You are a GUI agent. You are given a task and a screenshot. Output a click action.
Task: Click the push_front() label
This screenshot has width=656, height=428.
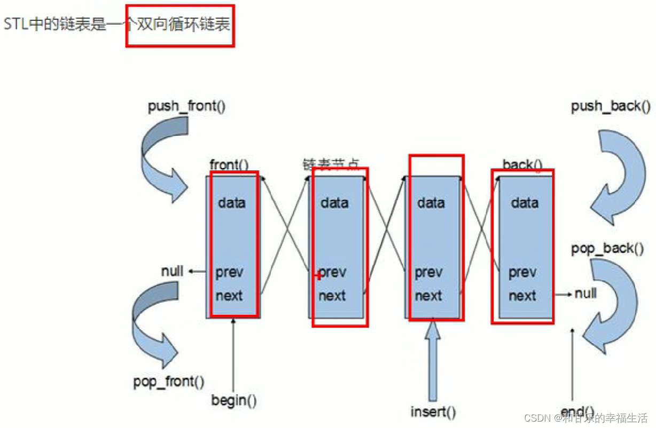(x=186, y=106)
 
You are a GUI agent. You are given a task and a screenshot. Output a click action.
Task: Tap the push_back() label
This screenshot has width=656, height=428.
(x=611, y=107)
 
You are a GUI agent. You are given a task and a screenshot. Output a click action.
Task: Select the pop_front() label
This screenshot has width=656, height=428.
(x=168, y=382)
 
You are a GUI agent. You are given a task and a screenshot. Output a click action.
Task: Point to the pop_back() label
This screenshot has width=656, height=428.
(x=607, y=249)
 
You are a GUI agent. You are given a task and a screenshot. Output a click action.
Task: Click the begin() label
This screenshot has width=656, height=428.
(x=233, y=400)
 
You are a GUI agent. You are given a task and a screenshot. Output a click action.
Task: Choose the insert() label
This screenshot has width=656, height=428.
(x=433, y=412)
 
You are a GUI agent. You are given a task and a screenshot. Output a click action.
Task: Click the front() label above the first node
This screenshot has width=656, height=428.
(x=229, y=165)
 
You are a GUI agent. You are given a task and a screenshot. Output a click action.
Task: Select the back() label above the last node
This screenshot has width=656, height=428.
(x=522, y=165)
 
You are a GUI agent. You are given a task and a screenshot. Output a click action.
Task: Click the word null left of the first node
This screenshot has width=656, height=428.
(x=172, y=271)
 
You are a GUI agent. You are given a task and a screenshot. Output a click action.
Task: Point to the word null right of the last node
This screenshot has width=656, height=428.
(x=585, y=293)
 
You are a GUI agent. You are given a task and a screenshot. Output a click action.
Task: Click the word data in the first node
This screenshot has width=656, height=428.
(x=231, y=203)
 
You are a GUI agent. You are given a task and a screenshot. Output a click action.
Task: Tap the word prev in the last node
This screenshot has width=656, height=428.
(x=522, y=273)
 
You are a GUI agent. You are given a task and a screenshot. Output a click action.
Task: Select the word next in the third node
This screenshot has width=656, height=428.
(x=428, y=296)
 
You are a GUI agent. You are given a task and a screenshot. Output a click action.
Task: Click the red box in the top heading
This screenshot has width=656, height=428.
(x=180, y=25)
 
